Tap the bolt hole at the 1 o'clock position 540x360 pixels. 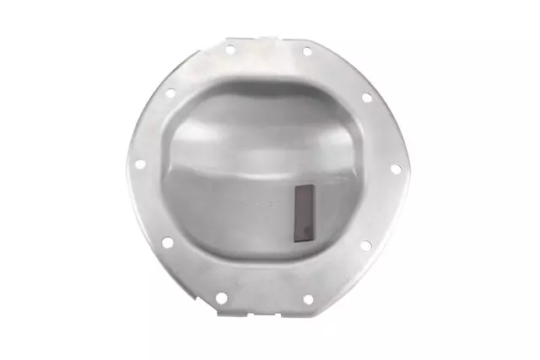coord(307,51)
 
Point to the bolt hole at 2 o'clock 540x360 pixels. coord(366,99)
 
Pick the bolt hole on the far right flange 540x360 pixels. coord(395,169)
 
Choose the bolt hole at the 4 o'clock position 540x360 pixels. coord(365,245)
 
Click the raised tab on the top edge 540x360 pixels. coord(268,36)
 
